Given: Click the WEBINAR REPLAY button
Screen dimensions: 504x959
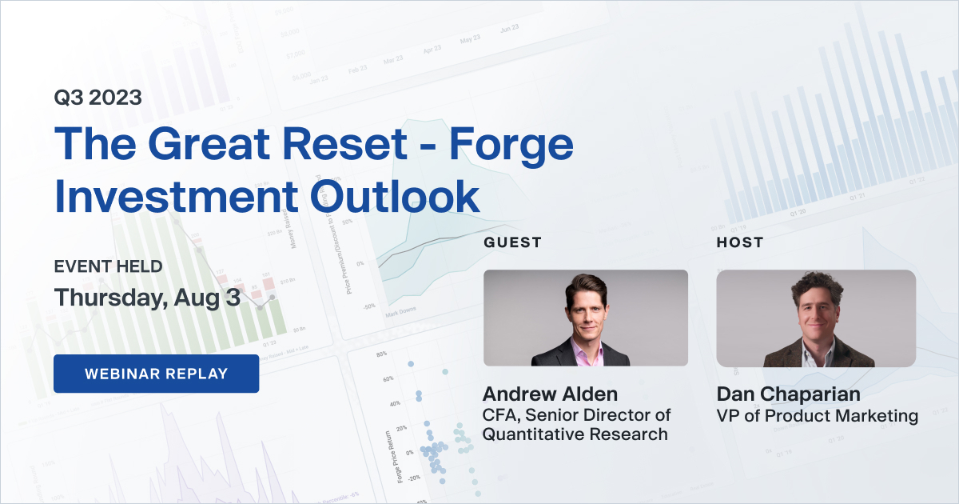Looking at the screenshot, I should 156,374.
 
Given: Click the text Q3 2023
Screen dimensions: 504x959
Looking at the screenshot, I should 97,98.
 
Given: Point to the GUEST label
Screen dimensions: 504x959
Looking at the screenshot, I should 512,242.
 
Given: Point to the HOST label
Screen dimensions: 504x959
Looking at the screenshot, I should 739,242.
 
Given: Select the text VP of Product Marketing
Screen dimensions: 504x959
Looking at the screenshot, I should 817,416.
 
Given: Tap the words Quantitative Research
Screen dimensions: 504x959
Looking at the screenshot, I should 574,434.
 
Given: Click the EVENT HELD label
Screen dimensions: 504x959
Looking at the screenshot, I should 108,266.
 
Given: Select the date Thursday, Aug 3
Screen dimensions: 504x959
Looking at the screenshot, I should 147,297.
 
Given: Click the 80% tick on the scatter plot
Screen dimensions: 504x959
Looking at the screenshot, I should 381,354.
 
